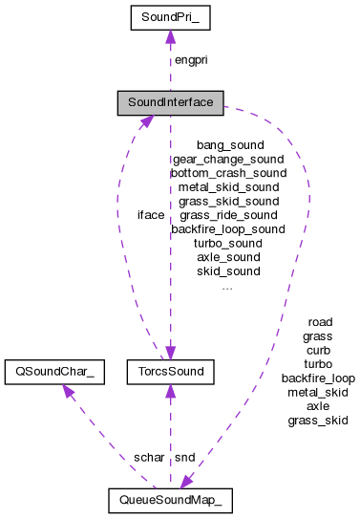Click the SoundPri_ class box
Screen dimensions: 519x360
click(170, 17)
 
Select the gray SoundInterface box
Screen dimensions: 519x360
click(170, 100)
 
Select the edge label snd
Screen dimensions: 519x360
click(184, 457)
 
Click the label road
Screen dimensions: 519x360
click(317, 322)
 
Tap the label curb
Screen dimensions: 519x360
click(317, 350)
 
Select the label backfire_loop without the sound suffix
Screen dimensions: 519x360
click(317, 378)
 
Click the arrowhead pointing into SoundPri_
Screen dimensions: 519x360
click(170, 37)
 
